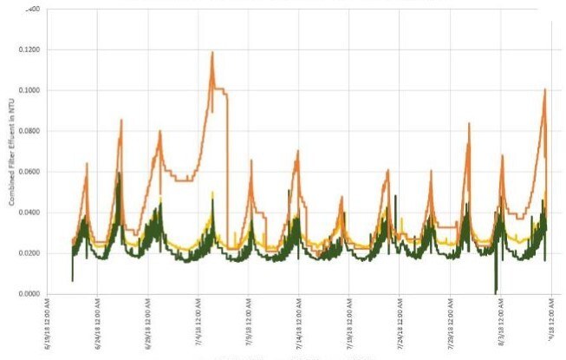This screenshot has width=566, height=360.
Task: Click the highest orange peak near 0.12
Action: click(211, 52)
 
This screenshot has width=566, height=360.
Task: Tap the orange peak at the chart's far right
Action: click(544, 89)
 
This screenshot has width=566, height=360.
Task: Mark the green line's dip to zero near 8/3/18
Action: click(495, 291)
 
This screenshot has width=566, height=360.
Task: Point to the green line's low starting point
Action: click(73, 279)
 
